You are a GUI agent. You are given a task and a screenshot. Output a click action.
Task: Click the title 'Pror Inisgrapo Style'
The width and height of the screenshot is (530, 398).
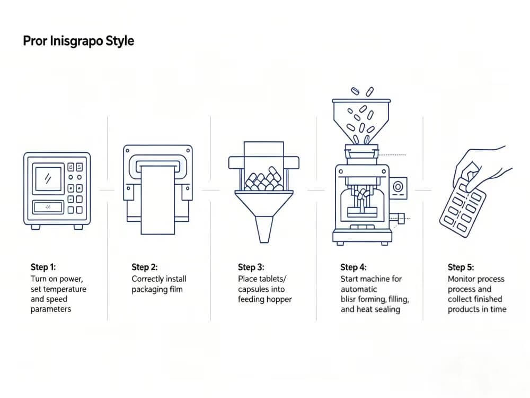click(x=78, y=41)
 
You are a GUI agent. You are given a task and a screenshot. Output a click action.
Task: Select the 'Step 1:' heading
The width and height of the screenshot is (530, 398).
click(x=43, y=267)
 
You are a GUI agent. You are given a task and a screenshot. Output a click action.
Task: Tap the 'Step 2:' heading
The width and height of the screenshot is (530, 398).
click(x=145, y=267)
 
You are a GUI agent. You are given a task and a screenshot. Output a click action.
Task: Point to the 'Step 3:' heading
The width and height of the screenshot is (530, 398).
click(x=251, y=267)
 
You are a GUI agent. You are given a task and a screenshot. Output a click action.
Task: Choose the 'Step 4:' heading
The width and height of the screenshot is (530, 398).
click(x=354, y=267)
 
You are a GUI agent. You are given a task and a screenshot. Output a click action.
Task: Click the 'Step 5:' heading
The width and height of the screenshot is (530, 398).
click(x=461, y=267)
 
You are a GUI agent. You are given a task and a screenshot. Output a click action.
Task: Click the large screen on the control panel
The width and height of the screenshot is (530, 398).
click(x=48, y=179)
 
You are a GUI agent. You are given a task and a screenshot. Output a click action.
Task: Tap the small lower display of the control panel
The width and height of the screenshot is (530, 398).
click(x=48, y=207)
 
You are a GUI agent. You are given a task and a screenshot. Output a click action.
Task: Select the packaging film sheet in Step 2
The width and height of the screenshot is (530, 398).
click(x=157, y=200)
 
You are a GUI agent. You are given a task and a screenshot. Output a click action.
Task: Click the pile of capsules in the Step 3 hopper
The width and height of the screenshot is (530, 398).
click(x=264, y=179)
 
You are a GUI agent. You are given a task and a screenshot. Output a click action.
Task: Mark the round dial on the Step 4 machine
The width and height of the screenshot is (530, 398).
click(x=398, y=186)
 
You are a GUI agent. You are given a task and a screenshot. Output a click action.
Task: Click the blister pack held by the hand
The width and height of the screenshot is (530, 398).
click(x=463, y=207)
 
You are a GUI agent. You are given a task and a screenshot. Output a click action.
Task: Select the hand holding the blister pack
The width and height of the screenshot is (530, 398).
click(x=480, y=168)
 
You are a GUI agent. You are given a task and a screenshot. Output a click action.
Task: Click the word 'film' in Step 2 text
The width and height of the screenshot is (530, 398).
click(x=176, y=289)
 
